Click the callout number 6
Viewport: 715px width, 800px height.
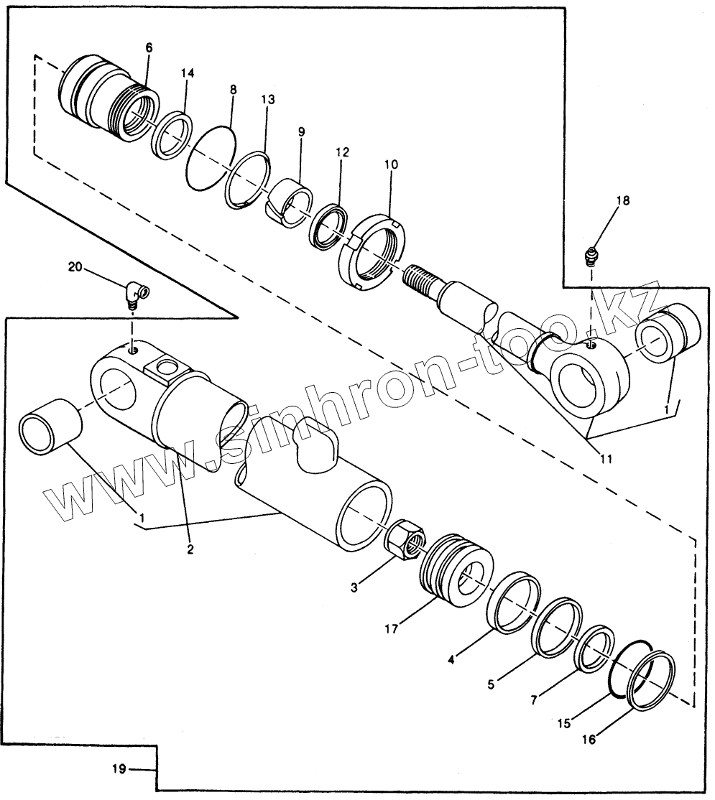[149, 47]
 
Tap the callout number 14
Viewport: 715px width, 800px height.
[187, 73]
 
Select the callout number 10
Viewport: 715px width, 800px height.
[390, 164]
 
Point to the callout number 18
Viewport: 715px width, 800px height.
[622, 200]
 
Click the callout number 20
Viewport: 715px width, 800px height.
[75, 266]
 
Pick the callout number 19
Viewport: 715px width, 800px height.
[119, 769]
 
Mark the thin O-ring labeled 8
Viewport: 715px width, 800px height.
[211, 159]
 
